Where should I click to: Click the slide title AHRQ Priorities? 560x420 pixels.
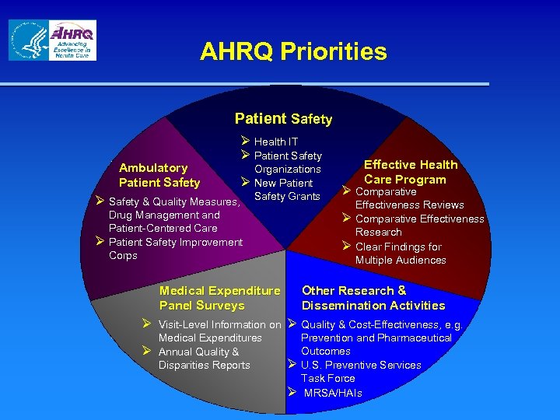293,52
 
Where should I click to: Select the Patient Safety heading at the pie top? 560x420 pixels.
283,119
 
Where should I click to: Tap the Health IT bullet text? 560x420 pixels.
276,142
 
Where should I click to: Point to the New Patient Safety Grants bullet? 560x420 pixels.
287,190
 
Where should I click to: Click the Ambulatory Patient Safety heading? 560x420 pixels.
159,175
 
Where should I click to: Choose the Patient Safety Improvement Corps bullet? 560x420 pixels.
176,249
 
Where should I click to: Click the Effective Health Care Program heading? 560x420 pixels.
411,172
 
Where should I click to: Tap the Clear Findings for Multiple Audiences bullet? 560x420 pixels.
401,254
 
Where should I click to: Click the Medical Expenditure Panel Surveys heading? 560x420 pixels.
219,298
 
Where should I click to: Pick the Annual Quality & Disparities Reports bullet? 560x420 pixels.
204,359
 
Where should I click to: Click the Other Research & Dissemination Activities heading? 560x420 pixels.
373,298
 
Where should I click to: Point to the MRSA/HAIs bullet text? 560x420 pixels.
332,393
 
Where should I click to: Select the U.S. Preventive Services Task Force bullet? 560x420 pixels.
361,372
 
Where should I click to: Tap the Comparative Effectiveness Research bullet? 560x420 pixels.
419,226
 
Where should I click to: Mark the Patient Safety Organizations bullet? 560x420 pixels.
287,163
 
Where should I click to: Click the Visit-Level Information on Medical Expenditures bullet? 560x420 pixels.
219,331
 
